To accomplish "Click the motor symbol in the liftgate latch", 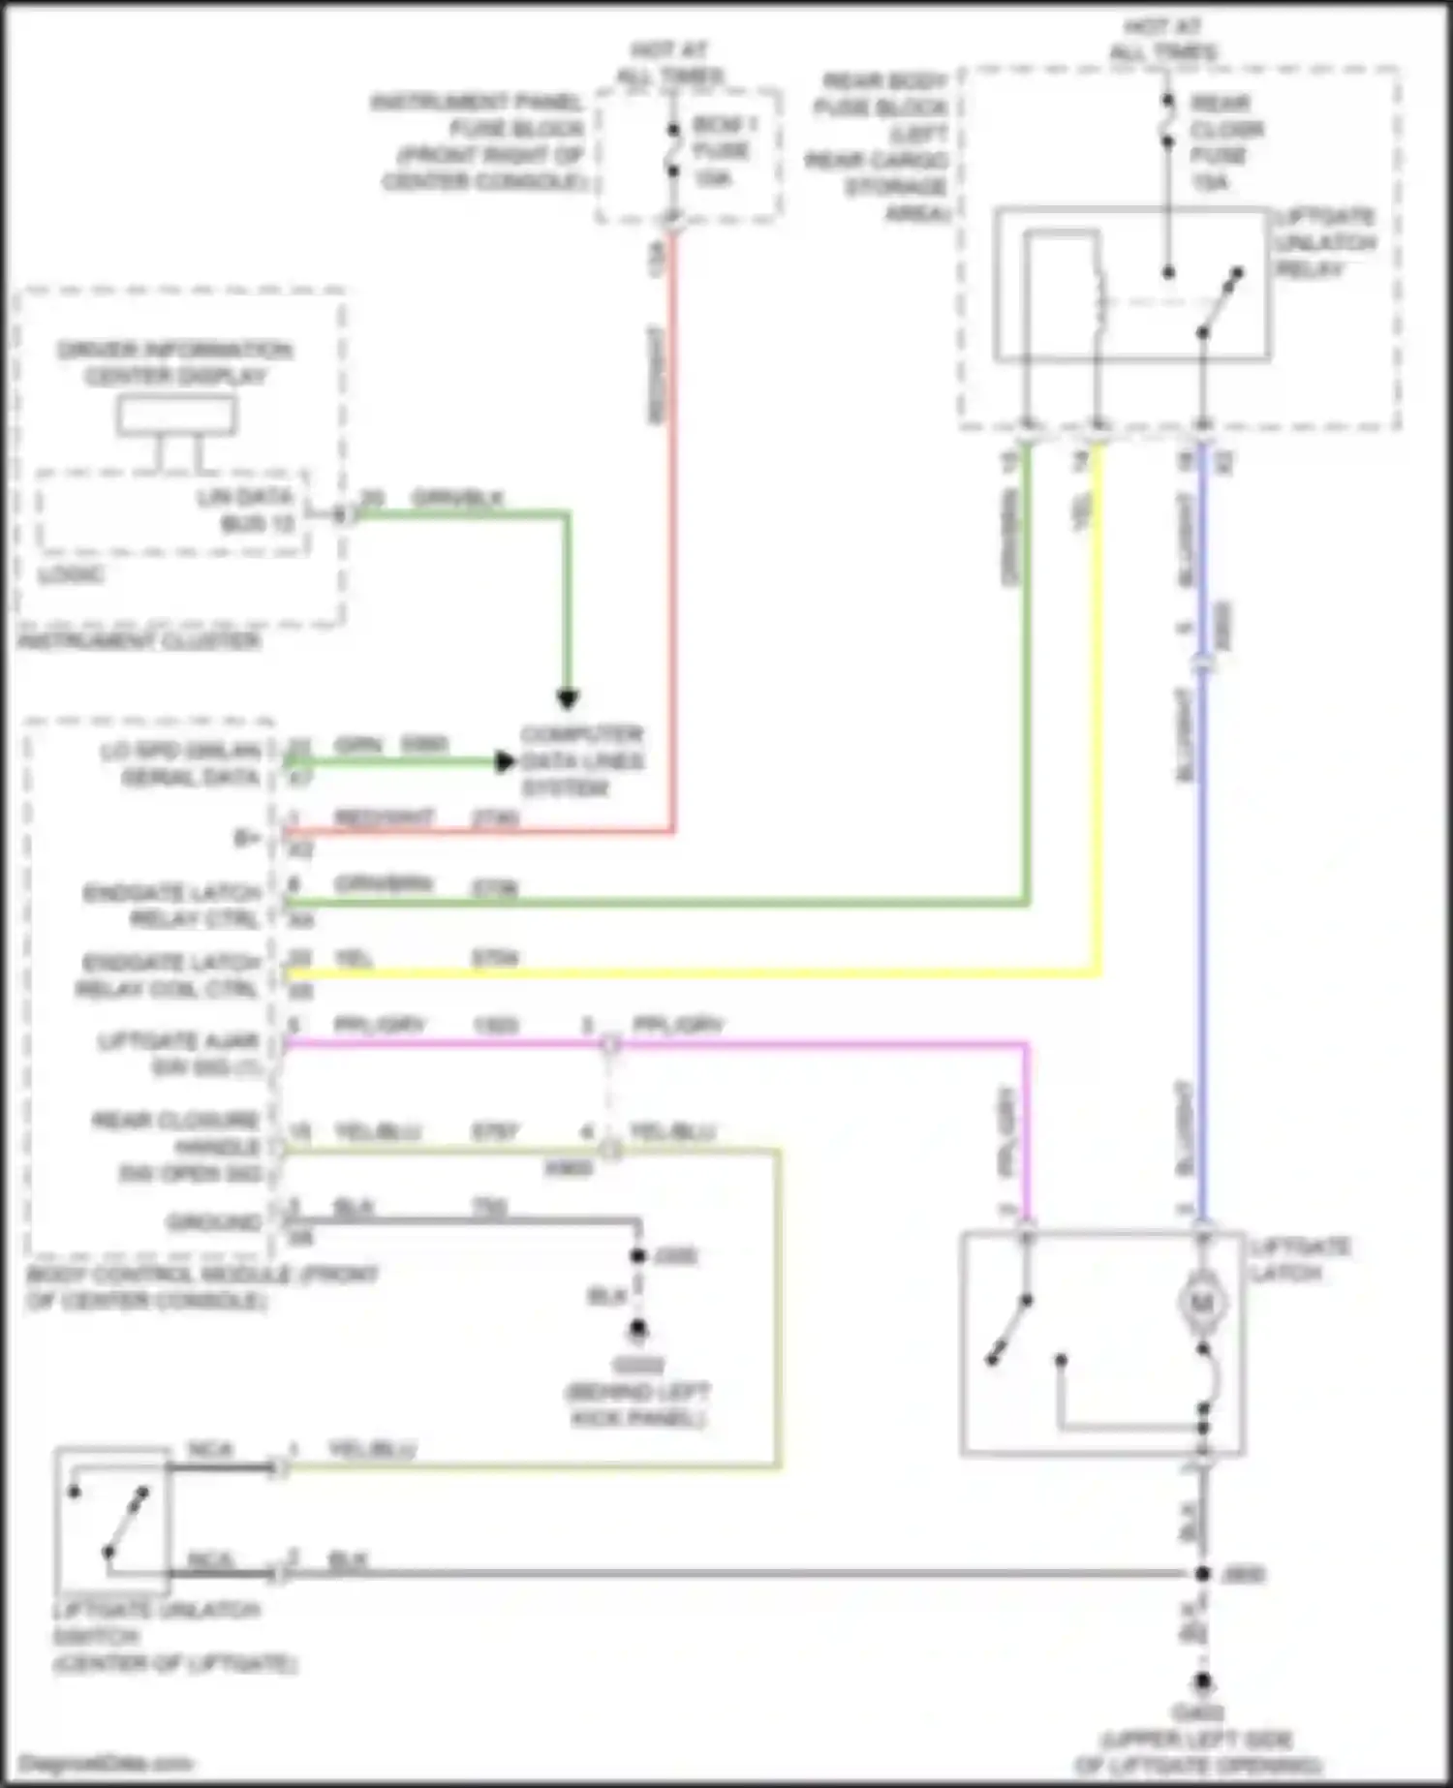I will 1202,1303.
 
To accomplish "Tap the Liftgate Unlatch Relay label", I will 1324,242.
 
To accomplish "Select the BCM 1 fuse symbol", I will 673,151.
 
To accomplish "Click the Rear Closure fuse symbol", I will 1168,122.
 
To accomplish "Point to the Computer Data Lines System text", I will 581,761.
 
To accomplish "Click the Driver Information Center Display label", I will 174,362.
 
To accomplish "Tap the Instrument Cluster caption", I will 139,640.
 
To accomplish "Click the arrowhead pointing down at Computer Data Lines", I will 568,698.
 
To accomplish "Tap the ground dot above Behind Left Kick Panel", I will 637,1329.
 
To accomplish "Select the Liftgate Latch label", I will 1298,1259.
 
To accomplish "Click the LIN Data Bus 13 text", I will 246,510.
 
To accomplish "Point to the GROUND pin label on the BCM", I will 214,1222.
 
